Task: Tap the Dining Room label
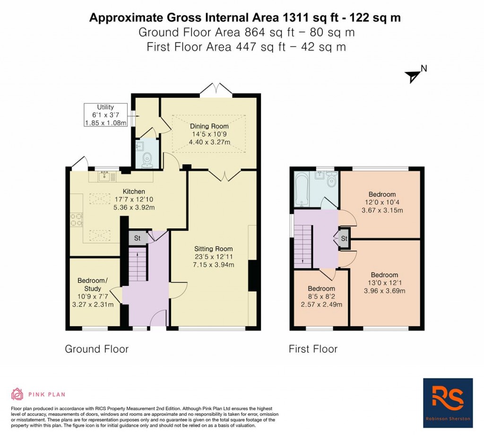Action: tap(209, 126)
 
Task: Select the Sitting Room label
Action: tap(213, 249)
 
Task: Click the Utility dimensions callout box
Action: tap(105, 115)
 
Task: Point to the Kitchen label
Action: tap(134, 191)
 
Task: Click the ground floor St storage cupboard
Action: tap(138, 238)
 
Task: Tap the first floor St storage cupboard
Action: tap(344, 238)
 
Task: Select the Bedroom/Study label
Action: tap(93, 284)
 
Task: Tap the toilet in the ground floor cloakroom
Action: tap(147, 159)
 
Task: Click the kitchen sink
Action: tap(104, 176)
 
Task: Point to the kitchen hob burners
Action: tap(77, 219)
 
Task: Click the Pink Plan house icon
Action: tap(17, 394)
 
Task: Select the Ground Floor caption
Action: tap(96, 349)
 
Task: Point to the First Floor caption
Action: tap(313, 349)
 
